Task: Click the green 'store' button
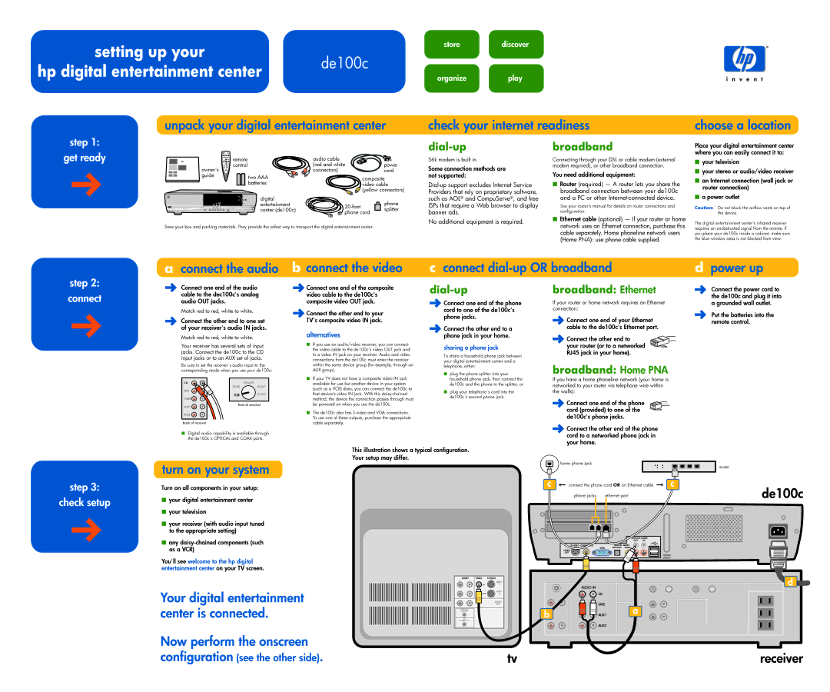pyautogui.click(x=452, y=45)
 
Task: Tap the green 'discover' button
pyautogui.click(x=515, y=45)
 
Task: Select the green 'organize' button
pyautogui.click(x=452, y=78)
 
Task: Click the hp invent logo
pyautogui.click(x=744, y=62)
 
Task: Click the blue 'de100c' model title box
pyautogui.click(x=344, y=62)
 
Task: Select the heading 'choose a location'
pyautogui.click(x=742, y=125)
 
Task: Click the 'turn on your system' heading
pyautogui.click(x=215, y=470)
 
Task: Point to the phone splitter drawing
pyautogui.click(x=377, y=206)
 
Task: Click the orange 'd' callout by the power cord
pyautogui.click(x=788, y=581)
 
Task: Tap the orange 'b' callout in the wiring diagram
pyautogui.click(x=546, y=613)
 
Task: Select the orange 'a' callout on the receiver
pyautogui.click(x=635, y=611)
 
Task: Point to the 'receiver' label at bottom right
pyautogui.click(x=781, y=659)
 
